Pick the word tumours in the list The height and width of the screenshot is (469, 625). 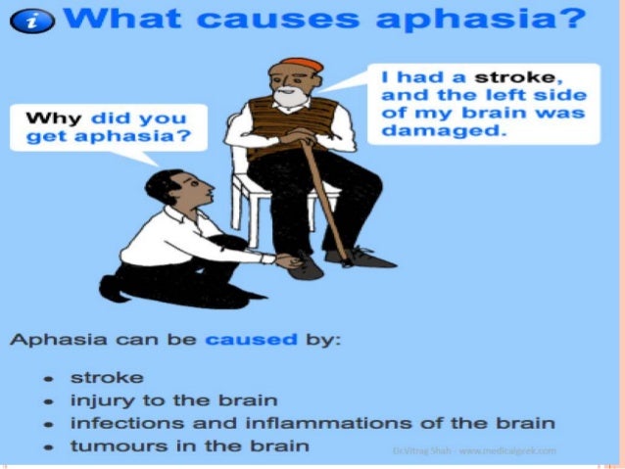pos(107,447)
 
